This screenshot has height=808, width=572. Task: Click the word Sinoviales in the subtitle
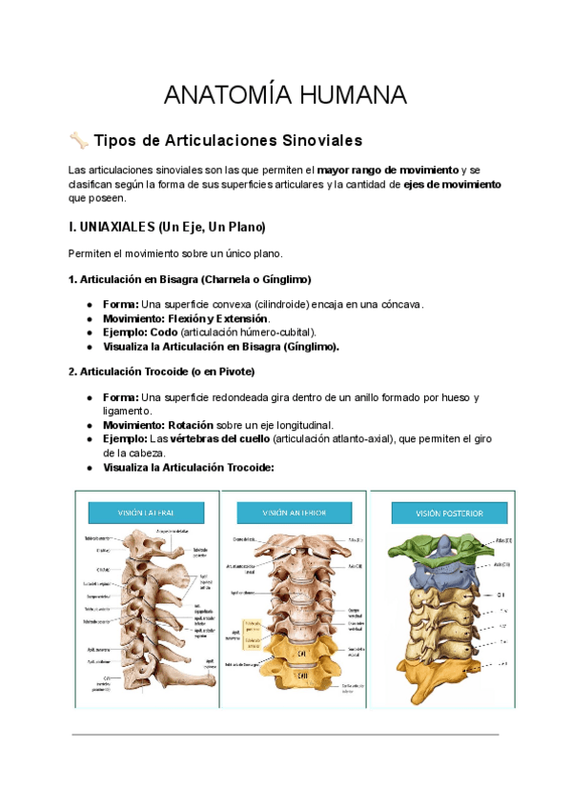(x=317, y=141)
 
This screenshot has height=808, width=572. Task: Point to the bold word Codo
(x=163, y=332)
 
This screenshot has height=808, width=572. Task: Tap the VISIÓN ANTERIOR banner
(x=294, y=513)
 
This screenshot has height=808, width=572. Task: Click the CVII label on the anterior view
(x=301, y=676)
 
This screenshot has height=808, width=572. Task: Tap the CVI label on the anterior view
(x=300, y=655)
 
